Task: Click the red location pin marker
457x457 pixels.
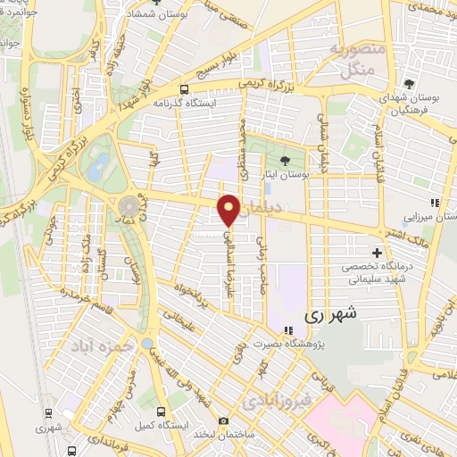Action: point(229,209)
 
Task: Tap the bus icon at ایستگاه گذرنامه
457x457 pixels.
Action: point(184,89)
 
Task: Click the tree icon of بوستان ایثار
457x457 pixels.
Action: point(285,161)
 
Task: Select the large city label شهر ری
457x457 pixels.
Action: point(329,314)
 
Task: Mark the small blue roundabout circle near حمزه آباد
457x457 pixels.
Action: point(147,344)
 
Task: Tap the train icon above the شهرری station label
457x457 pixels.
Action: point(68,414)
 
